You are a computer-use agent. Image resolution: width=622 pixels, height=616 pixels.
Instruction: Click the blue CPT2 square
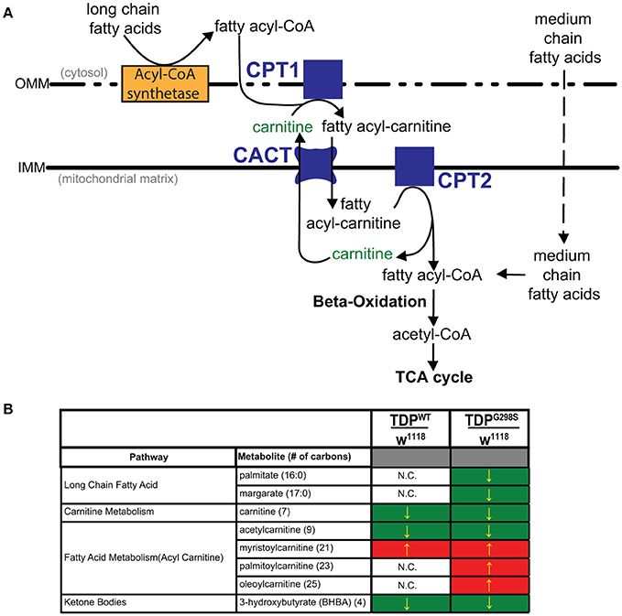pyautogui.click(x=414, y=165)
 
